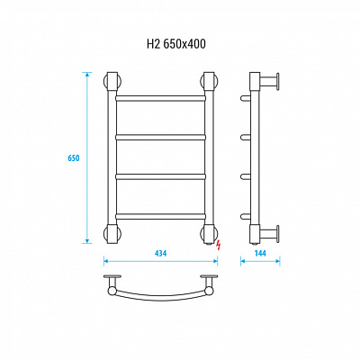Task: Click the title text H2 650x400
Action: [176, 44]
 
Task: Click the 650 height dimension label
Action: [74, 158]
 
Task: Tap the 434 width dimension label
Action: [160, 253]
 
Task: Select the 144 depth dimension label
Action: [260, 253]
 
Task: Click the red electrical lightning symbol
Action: [218, 245]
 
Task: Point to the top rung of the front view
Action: [160, 98]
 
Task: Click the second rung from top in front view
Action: [160, 137]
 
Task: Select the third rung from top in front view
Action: [160, 176]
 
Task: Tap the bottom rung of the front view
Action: [160, 216]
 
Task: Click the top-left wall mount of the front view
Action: [112, 81]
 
